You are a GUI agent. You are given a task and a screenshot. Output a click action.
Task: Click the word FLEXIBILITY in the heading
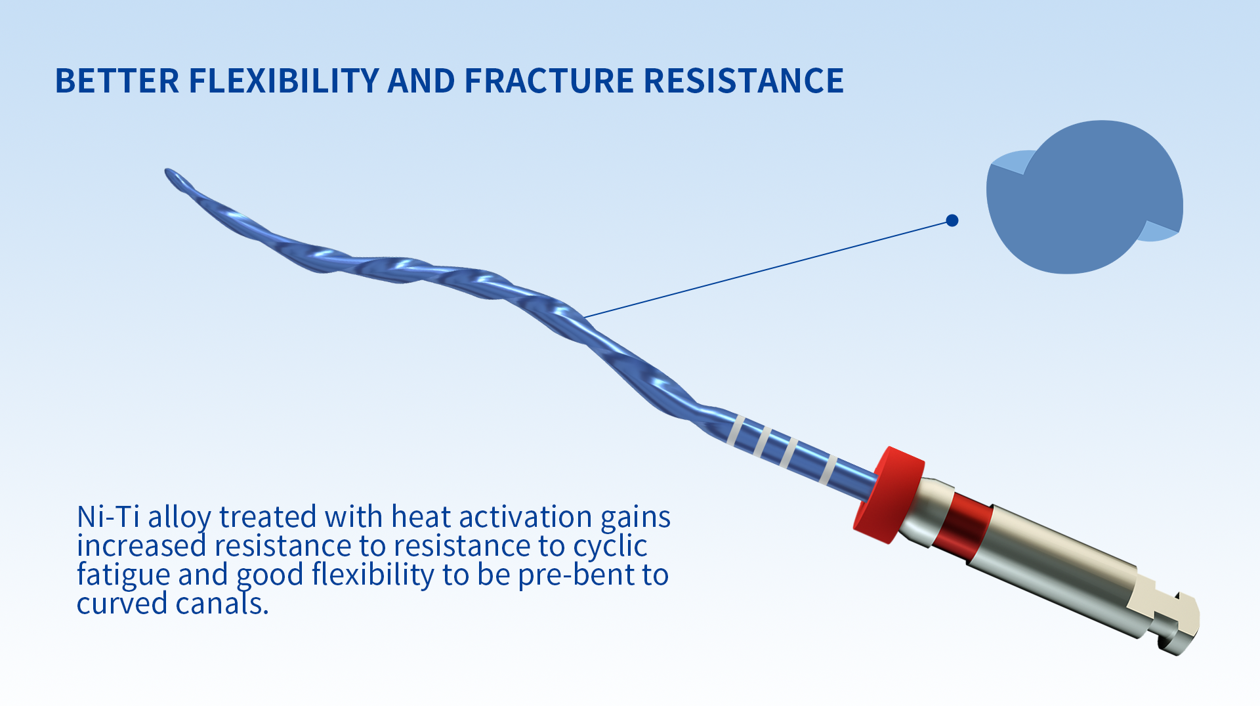(x=283, y=81)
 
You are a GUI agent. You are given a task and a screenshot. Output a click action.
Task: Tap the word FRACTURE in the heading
(x=549, y=81)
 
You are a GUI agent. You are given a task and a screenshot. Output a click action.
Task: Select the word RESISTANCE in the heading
(x=744, y=81)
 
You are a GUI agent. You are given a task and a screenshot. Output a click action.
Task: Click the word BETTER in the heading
(x=117, y=81)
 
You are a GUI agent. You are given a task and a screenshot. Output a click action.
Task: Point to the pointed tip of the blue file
(x=167, y=172)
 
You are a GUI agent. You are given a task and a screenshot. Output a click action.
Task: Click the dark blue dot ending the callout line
(x=952, y=220)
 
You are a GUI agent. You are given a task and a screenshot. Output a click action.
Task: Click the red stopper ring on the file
(x=889, y=495)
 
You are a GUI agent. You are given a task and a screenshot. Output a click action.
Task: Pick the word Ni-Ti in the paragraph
(x=108, y=517)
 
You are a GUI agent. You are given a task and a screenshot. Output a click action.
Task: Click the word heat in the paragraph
(x=421, y=517)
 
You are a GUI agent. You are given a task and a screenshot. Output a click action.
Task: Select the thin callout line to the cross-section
(x=768, y=268)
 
